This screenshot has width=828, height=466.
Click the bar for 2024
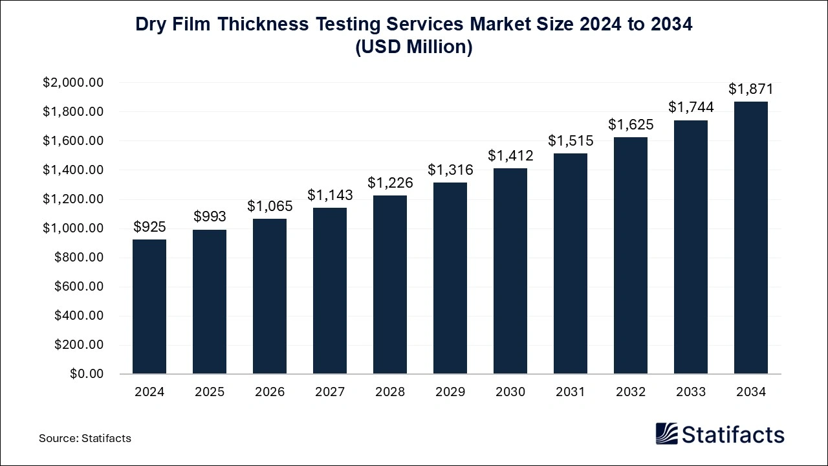[x=149, y=307]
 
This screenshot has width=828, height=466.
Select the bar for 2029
[x=450, y=278]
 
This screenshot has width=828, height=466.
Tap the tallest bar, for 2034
[x=751, y=238]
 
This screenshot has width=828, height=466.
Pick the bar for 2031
[x=571, y=263]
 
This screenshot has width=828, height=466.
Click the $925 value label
[x=149, y=227]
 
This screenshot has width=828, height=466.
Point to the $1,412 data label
[x=510, y=155]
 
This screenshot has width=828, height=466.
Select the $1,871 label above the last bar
[x=751, y=89]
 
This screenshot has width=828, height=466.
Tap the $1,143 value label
[x=330, y=194]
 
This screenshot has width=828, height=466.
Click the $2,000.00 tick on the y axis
[x=73, y=83]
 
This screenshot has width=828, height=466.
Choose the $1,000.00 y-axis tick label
[x=73, y=228]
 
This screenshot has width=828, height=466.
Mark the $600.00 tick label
[x=79, y=287]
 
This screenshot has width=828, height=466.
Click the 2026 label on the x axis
[x=270, y=392]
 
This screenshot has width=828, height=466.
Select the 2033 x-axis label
[x=691, y=392]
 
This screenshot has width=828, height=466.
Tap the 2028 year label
[x=390, y=392]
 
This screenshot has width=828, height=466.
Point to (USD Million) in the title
[x=414, y=47]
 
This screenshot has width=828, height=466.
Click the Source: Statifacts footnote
[x=85, y=438]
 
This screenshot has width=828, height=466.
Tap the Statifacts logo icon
[x=666, y=434]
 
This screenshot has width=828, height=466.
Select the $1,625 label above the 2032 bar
[x=631, y=124]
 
